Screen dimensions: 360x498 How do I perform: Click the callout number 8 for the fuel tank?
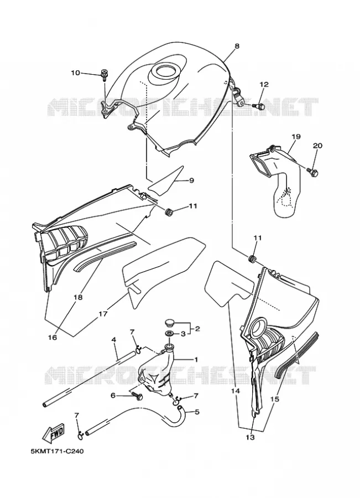coord(237,46)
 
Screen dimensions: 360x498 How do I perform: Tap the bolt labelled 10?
coord(103,74)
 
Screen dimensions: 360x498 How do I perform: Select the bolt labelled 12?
coord(259,106)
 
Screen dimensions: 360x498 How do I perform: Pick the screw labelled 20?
coord(312,172)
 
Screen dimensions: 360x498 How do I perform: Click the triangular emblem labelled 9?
coord(166,181)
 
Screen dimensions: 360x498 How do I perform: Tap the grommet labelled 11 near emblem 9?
coord(169,211)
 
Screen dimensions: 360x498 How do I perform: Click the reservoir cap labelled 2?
coord(169,324)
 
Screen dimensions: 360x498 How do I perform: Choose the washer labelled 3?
coord(169,334)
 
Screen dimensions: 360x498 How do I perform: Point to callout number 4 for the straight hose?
coord(114,340)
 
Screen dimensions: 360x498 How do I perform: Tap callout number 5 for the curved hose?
coord(197,412)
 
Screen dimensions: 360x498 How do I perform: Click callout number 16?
coord(53,338)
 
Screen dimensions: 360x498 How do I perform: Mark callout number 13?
coord(251,437)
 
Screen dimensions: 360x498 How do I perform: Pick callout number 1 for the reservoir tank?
coord(196,360)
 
